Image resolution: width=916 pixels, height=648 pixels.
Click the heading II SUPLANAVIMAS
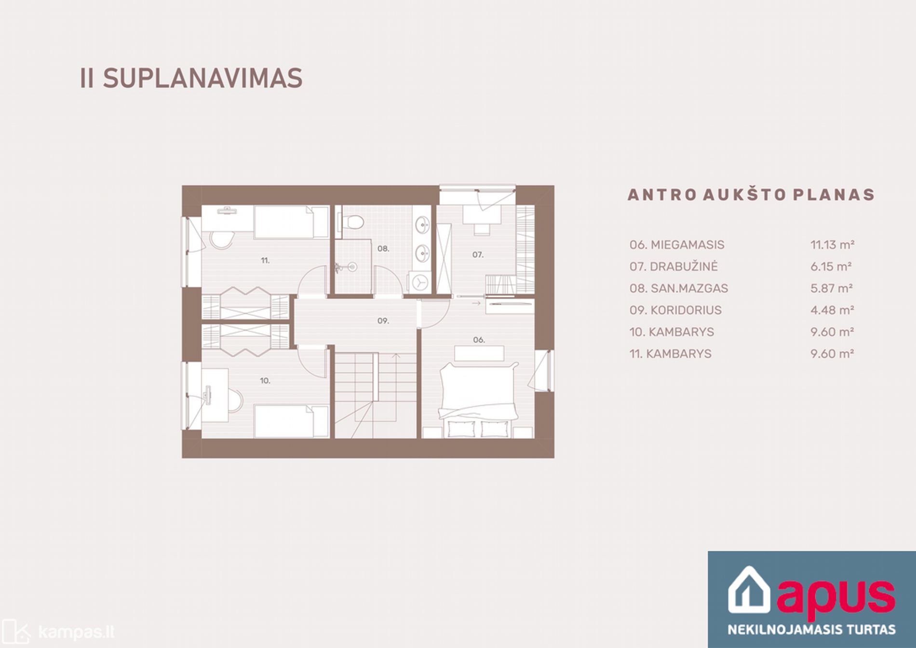click(191, 79)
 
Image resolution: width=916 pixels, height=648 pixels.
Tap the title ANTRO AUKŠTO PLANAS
click(751, 195)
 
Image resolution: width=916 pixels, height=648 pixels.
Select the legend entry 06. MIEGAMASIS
click(677, 245)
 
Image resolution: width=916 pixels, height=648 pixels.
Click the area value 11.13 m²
click(833, 245)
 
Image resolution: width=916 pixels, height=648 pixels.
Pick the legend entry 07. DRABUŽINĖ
click(674, 266)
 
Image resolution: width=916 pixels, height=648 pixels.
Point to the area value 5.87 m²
click(832, 288)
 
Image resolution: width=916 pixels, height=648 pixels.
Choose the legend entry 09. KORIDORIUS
click(675, 310)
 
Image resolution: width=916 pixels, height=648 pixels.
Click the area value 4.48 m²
click(832, 310)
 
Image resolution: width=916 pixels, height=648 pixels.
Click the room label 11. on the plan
click(265, 261)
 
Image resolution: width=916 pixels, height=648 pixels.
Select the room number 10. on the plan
click(265, 381)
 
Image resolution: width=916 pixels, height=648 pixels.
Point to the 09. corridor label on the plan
click(383, 321)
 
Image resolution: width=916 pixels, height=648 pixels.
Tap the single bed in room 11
click(291, 222)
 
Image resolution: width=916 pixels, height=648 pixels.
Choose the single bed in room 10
click(291, 421)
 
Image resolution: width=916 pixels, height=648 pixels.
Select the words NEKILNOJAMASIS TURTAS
click(811, 629)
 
